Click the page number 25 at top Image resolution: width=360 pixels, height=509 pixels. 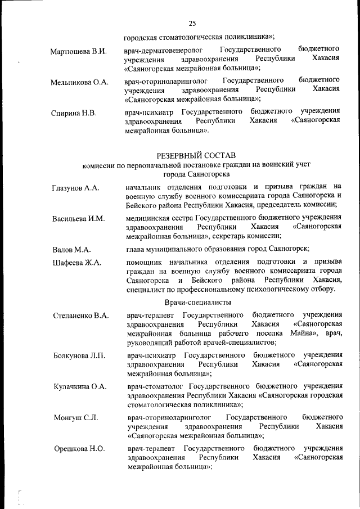click(192, 24)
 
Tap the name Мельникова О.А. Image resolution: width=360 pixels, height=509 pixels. click(79, 83)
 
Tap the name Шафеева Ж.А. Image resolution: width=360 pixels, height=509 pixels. click(76, 263)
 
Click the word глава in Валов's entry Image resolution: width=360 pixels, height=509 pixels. click(136, 249)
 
